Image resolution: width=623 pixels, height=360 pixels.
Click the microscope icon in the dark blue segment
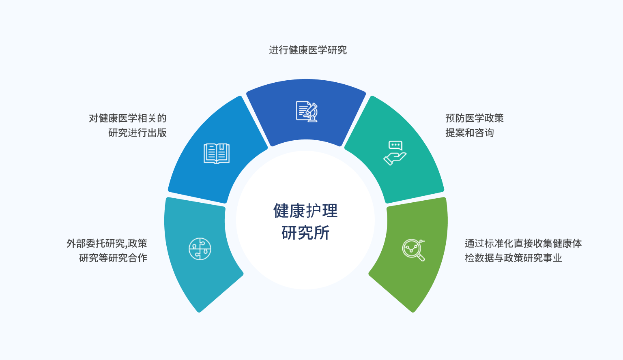tap(307, 111)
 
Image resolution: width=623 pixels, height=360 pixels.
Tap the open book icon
tap(216, 154)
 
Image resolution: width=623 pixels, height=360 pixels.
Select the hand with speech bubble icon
tap(395, 153)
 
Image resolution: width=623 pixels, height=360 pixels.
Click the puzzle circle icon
tap(200, 249)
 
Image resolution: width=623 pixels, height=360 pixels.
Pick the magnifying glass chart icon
tap(413, 250)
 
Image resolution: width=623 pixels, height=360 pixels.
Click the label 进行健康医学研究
tap(308, 50)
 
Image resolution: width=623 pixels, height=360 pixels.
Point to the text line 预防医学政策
tap(475, 118)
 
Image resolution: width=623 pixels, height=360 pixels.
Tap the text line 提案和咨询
tap(469, 133)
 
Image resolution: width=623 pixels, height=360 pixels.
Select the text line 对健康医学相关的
tap(128, 118)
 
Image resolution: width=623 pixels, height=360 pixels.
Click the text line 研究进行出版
tap(137, 133)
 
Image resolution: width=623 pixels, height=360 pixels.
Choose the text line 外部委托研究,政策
tap(107, 244)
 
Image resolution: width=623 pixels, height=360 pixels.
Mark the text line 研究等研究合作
tap(113, 258)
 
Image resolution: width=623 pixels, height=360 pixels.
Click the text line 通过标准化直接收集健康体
tap(523, 244)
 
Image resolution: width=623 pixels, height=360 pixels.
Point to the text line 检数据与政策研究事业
tap(513, 258)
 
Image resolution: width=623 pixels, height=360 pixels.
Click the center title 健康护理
tap(305, 211)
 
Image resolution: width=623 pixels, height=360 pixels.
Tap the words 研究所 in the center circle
tap(305, 232)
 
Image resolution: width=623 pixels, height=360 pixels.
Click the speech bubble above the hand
tap(395, 146)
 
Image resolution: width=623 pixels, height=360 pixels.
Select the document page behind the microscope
tap(303, 111)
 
